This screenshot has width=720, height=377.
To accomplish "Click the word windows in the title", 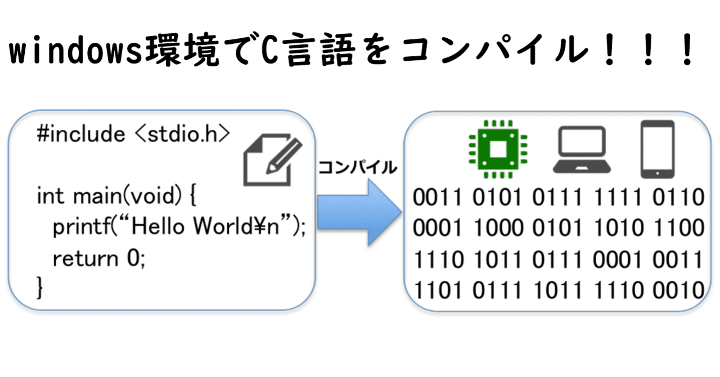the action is click(75, 51).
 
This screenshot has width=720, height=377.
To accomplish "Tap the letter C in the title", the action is click(269, 50).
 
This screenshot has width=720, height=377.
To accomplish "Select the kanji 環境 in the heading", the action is click(182, 50).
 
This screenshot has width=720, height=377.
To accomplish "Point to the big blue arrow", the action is click(359, 212).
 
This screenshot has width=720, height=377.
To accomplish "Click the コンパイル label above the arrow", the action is click(357, 167).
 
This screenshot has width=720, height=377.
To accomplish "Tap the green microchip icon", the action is click(498, 149).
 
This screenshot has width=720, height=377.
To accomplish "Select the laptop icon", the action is click(582, 149).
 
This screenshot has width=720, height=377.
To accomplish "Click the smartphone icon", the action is click(658, 149).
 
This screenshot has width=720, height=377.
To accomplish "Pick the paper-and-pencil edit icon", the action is click(273, 160).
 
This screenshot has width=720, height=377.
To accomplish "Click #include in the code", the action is click(81, 134).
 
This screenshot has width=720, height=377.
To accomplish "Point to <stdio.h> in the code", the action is click(183, 134).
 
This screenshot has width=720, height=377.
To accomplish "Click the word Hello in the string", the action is click(158, 226).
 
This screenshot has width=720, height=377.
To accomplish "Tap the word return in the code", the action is click(85, 258).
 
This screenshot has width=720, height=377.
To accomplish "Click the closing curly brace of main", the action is click(39, 288).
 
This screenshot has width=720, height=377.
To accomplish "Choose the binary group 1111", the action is click(618, 197).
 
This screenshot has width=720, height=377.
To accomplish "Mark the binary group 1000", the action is click(498, 228).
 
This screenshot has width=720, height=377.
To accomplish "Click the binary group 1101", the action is click(438, 290).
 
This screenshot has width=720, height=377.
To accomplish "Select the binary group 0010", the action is click(678, 290).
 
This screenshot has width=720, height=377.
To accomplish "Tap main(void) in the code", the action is click(127, 196).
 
